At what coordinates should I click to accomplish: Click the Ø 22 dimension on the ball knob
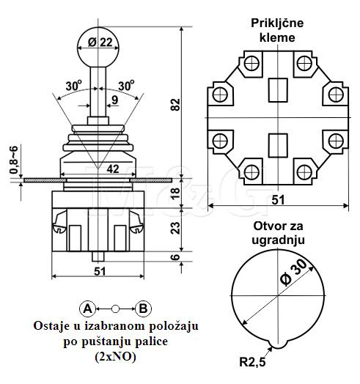coord(100,43)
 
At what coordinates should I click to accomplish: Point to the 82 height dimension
coord(175,105)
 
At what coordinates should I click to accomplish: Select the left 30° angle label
coord(74,86)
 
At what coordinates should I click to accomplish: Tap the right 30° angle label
coord(126,86)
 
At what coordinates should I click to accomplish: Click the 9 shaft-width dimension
coord(114,100)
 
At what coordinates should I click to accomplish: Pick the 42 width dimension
coord(113,169)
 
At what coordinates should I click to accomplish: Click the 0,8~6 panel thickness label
coord(14,160)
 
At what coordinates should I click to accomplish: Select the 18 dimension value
coord(175,193)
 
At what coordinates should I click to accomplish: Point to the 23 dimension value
coord(175,228)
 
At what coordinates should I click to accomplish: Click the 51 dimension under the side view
coord(100,271)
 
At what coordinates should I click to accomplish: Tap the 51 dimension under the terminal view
coord(278,200)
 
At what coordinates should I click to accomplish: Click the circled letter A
coord(87,309)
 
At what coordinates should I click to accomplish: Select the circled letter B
coord(143,309)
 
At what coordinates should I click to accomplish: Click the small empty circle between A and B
coord(115,309)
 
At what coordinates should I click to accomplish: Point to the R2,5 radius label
coord(252,362)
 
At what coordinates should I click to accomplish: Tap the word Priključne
coord(277,23)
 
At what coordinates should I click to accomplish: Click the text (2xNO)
coord(115,357)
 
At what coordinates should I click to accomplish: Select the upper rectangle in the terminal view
coord(278,90)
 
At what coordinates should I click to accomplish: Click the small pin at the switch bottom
coord(98,256)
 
